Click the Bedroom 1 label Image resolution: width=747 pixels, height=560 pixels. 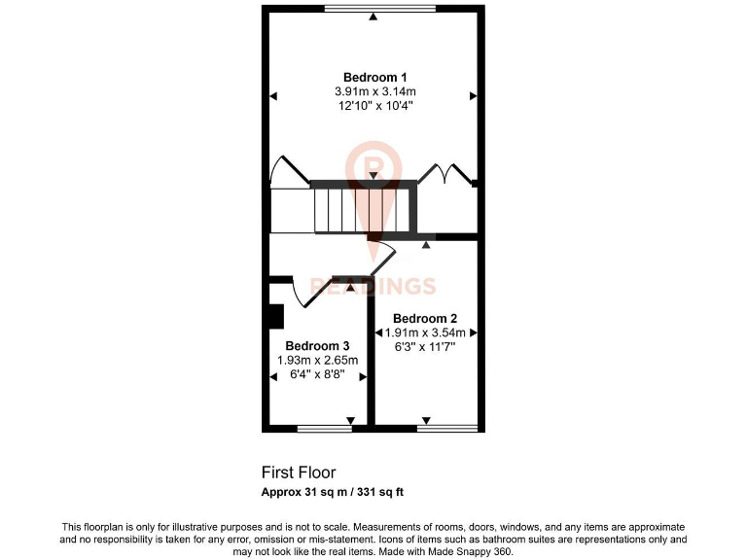(374, 78)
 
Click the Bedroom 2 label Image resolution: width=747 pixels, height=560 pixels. (425, 318)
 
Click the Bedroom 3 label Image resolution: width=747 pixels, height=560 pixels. (317, 346)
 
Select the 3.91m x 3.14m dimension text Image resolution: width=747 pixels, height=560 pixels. (374, 92)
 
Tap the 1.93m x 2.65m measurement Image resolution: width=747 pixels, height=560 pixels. (318, 361)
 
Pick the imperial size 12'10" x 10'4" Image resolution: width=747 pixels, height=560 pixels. (374, 106)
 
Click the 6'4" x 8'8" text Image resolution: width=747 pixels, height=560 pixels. (318, 374)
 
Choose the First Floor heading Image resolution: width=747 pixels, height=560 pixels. (299, 472)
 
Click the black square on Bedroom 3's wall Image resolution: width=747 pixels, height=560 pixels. (274, 317)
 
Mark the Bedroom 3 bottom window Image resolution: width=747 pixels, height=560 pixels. (324, 428)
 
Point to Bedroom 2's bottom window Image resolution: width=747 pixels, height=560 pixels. (447, 428)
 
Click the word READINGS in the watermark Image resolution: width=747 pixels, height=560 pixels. (373, 286)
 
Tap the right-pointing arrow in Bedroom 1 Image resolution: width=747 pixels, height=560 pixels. (473, 95)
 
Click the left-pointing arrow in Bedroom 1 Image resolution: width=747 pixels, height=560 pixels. (274, 95)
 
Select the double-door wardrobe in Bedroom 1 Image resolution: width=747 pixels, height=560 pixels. (445, 175)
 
